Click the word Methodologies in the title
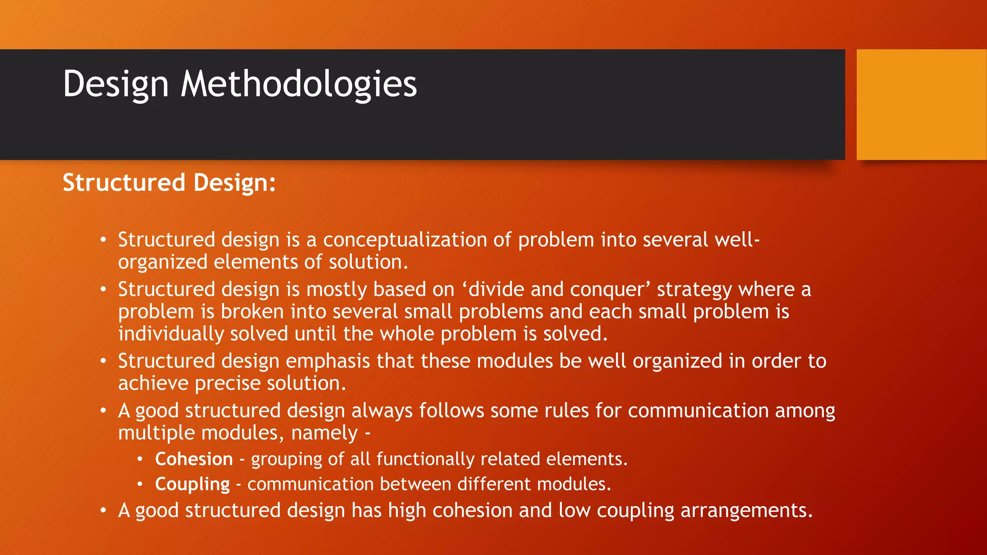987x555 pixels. point(298,84)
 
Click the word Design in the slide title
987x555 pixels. point(116,84)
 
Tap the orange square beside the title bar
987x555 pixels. point(921,105)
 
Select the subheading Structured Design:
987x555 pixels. point(169,183)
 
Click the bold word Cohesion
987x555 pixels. point(194,459)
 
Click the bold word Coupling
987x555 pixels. point(192,484)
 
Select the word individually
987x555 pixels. point(171,334)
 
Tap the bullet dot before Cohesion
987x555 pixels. point(139,459)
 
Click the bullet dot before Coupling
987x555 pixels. point(139,484)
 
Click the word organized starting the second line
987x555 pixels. point(162,262)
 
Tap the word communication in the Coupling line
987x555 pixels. point(310,484)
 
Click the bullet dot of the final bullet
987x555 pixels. point(103,510)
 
